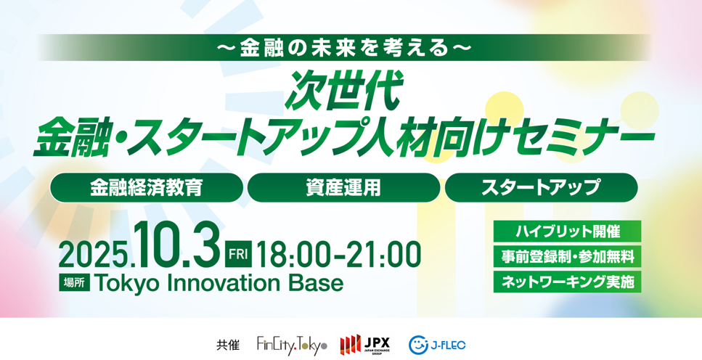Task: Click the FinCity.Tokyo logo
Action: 292,345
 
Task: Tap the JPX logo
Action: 365,345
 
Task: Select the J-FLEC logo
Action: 437,345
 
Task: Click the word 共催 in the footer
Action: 228,345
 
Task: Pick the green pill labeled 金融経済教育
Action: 147,187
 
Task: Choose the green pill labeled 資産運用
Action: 343,187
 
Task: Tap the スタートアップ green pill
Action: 541,187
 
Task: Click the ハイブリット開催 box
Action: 567,232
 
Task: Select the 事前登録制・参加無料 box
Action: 567,256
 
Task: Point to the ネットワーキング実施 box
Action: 567,282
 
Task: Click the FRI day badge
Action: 238,254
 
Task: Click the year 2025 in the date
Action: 95,256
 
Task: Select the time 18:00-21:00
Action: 339,255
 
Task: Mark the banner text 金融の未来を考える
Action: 343,47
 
